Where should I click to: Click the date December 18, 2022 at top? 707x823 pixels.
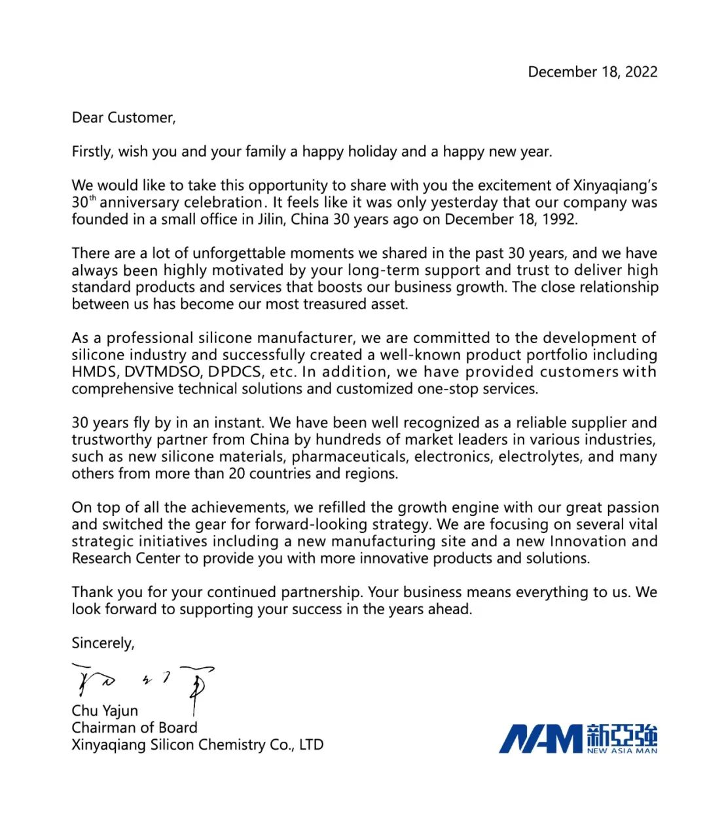(592, 72)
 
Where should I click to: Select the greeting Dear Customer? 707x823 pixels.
(124, 118)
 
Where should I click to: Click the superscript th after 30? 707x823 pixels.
(92, 198)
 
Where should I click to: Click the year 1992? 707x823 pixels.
(560, 219)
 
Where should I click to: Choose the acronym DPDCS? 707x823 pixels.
(236, 372)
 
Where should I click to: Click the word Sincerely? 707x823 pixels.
(103, 644)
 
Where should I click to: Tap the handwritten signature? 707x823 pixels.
(144, 684)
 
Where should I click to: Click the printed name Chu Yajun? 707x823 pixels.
(105, 711)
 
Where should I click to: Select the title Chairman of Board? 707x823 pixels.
(134, 728)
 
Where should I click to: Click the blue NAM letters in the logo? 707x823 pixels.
(541, 739)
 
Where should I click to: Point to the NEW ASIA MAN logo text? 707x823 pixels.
(622, 750)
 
